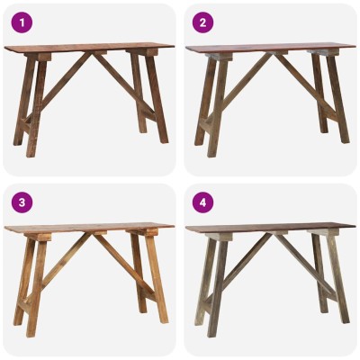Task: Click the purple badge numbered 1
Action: pyautogui.click(x=22, y=22)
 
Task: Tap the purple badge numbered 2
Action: pyautogui.click(x=202, y=22)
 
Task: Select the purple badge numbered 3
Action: pyautogui.click(x=22, y=202)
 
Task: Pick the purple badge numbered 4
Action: pyautogui.click(x=202, y=202)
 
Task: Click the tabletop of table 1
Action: pyautogui.click(x=89, y=48)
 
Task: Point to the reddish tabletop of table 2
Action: pyautogui.click(x=271, y=48)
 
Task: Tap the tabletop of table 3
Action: pyautogui.click(x=89, y=229)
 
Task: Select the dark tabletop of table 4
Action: pyautogui.click(x=271, y=229)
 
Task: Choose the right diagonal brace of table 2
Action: pyautogui.click(x=306, y=85)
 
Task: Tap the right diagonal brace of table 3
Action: pyautogui.click(x=124, y=265)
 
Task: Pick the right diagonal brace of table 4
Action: pyautogui.click(x=306, y=265)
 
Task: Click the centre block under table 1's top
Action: pyautogui.click(x=99, y=52)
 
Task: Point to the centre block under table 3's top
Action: pyautogui.click(x=99, y=233)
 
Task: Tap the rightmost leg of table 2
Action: pyautogui.click(x=338, y=99)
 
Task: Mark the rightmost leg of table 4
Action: pyautogui.click(x=338, y=279)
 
